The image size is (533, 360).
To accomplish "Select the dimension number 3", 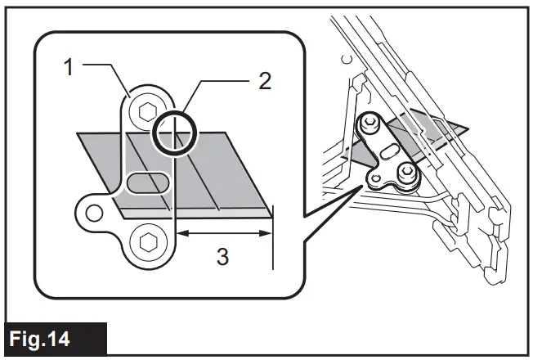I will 222,257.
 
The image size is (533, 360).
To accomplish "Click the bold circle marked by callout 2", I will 173,132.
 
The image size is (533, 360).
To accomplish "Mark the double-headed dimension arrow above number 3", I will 223,233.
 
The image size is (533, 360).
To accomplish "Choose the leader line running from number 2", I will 217,81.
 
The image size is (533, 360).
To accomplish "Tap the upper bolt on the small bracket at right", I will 370,123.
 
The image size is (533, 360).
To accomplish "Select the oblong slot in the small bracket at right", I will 391,151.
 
